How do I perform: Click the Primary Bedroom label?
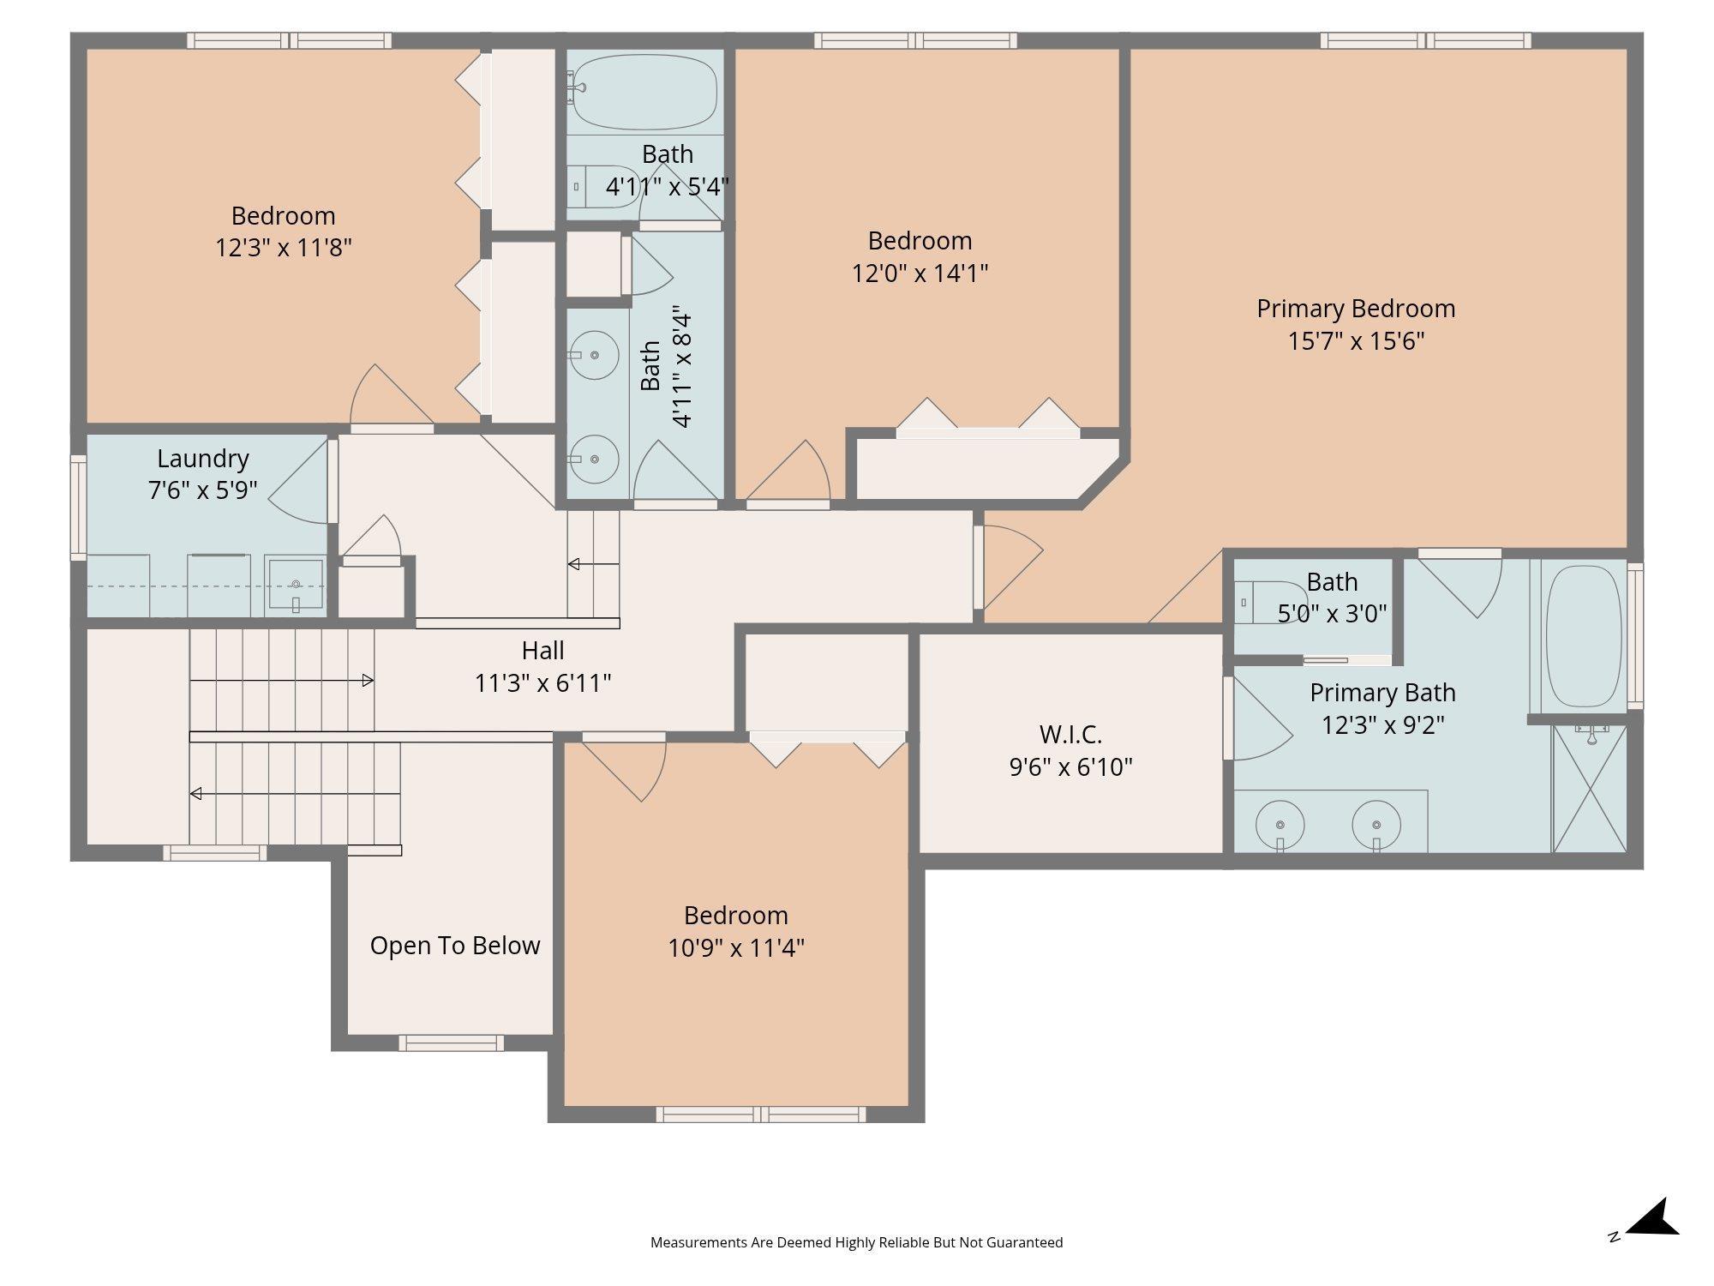point(1356,309)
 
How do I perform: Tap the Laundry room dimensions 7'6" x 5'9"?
point(203,490)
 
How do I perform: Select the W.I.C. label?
point(1070,735)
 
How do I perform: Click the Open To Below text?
point(455,946)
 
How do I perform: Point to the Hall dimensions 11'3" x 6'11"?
point(543,683)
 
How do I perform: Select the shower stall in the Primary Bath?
point(1590,789)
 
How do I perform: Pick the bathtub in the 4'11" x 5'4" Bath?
point(644,91)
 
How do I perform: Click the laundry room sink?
point(295,585)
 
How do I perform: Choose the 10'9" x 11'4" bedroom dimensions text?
point(736,948)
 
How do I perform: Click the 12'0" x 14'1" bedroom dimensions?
point(920,273)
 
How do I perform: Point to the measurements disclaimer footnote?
point(856,1242)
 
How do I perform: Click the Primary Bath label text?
point(1382,693)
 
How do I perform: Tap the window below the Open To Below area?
point(451,1043)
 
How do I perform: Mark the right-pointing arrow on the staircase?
point(282,681)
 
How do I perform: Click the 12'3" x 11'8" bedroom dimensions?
point(283,248)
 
